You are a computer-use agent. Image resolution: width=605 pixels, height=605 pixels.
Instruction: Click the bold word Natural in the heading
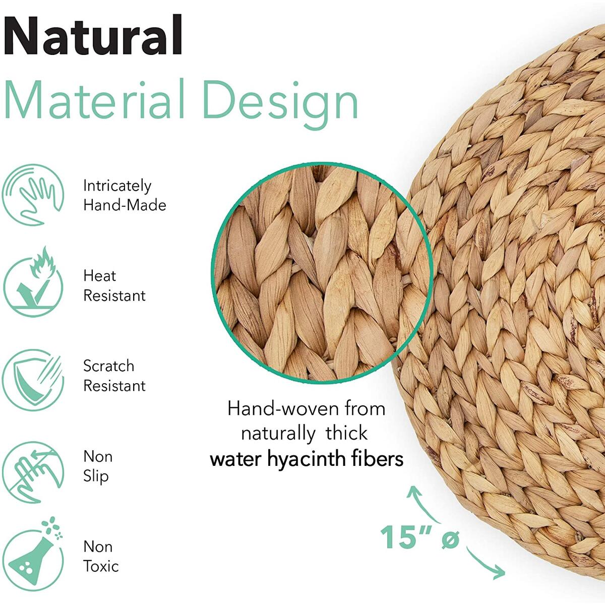pos(93,35)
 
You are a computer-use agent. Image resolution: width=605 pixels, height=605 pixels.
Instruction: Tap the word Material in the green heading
pos(94,99)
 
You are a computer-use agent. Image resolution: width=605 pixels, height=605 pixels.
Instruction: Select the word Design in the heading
pos(281,104)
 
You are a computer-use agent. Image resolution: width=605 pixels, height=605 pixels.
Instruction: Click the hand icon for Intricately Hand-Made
pos(33,195)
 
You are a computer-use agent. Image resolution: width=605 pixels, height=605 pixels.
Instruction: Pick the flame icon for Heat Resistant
pos(33,282)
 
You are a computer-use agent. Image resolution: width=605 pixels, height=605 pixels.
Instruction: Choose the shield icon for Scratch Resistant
pos(33,380)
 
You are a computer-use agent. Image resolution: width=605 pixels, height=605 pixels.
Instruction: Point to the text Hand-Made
pos(125,205)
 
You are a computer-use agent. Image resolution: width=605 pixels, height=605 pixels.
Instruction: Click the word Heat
pos(99,276)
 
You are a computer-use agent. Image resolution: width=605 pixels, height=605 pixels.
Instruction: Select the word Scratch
pos(108,366)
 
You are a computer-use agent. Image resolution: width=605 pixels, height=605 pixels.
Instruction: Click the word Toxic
pos(101,566)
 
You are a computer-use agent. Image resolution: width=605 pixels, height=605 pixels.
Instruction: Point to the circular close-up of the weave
pos(322,273)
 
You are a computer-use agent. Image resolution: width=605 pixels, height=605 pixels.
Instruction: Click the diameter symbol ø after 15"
pos(450,539)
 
